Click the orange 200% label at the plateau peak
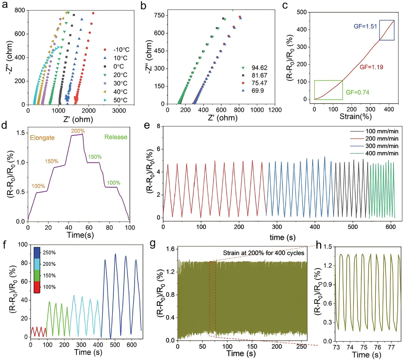point(77,132)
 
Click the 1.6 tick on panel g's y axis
point(170,249)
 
